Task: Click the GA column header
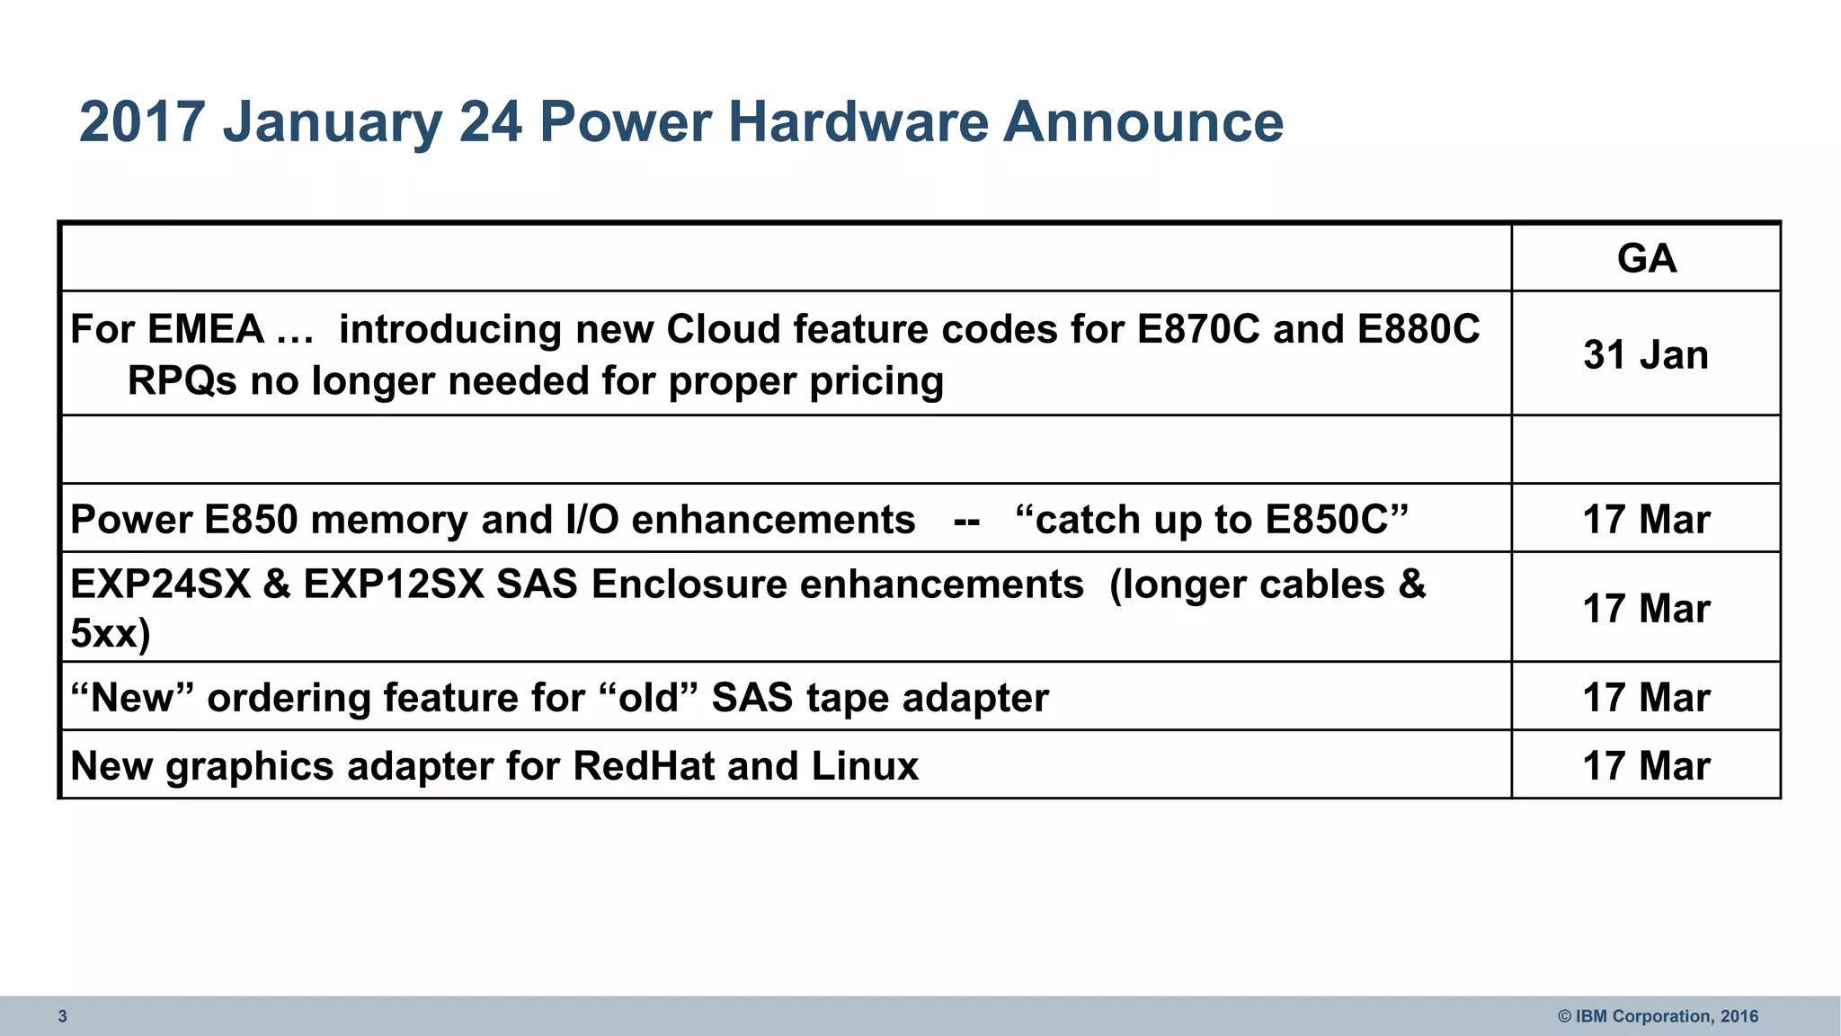[1646, 259]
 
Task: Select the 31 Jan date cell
[1646, 354]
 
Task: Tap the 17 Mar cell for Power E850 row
[1646, 520]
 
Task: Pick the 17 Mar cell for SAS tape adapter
[1646, 698]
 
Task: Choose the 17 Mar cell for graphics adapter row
[1646, 766]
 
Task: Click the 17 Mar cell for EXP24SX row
[1646, 609]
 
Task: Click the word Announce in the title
[1143, 121]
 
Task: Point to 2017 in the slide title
[142, 121]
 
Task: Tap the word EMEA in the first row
[206, 329]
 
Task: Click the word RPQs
[182, 381]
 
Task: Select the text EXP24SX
[160, 585]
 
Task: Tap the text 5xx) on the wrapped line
[110, 634]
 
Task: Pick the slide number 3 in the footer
[63, 1016]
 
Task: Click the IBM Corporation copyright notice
[1658, 1016]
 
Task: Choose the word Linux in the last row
[865, 766]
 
